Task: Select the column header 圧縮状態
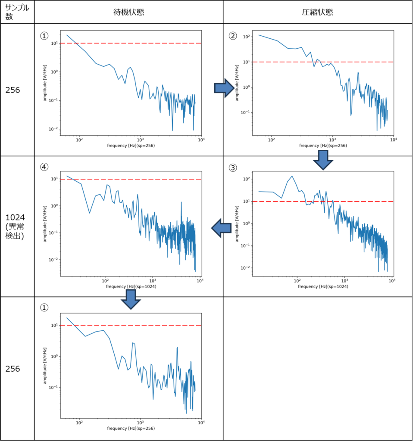click(317, 12)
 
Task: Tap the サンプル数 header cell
click(17, 12)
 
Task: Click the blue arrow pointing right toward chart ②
click(224, 88)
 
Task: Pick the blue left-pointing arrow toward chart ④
click(221, 227)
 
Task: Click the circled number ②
click(233, 36)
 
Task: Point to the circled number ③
click(233, 168)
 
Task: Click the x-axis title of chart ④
click(131, 286)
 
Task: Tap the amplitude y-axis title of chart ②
click(237, 83)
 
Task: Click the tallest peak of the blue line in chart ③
click(292, 176)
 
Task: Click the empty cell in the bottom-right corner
click(318, 368)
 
